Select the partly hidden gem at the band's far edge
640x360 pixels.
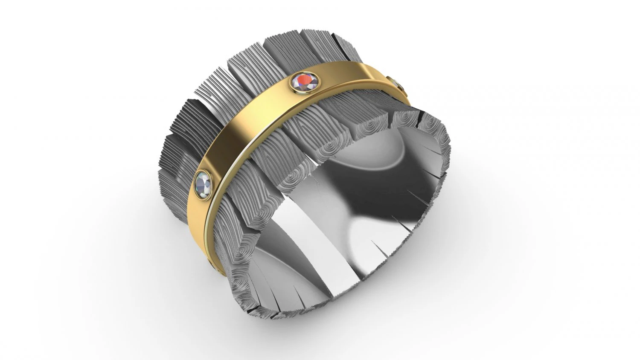point(396,82)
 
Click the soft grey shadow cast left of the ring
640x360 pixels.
point(141,213)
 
